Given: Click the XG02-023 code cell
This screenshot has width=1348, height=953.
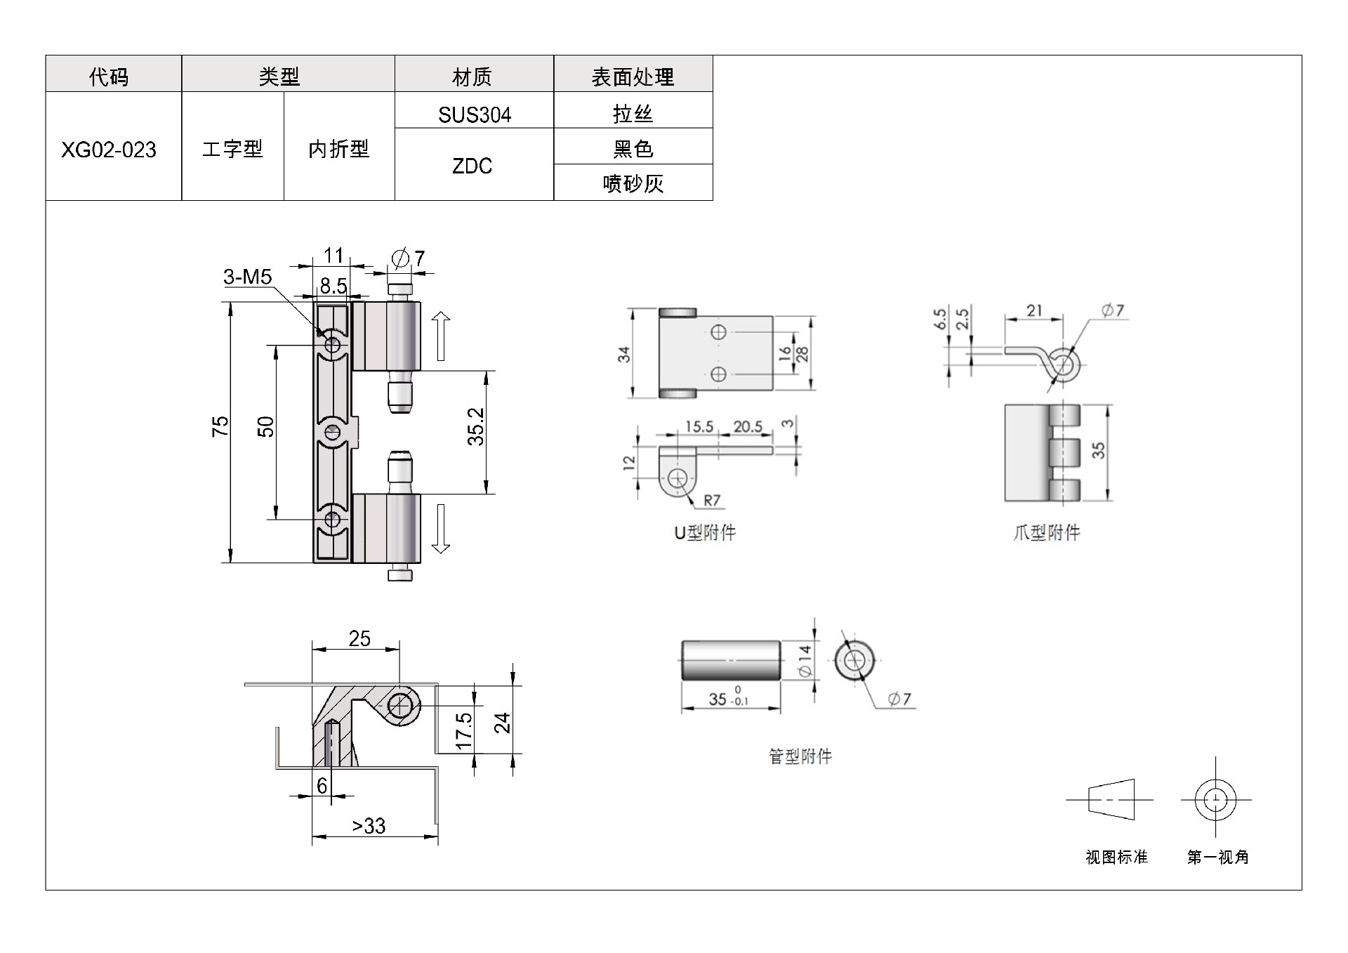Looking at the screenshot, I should (x=109, y=150).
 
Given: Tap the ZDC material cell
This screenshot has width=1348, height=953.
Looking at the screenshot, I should (x=472, y=166).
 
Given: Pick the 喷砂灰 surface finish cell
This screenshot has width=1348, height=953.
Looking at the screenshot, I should (x=633, y=184).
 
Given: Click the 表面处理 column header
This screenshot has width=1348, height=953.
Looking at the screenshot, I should (x=633, y=77).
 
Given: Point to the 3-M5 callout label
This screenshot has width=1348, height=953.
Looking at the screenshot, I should (x=247, y=277).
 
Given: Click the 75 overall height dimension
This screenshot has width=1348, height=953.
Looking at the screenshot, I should (x=220, y=426).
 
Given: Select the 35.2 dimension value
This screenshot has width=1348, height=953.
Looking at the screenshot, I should (x=476, y=426).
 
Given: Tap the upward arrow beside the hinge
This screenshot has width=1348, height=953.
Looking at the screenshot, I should (x=440, y=336).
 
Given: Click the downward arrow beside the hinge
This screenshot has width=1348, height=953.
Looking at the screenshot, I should (x=440, y=528).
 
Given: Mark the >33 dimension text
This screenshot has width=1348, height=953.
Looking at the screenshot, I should (x=369, y=826).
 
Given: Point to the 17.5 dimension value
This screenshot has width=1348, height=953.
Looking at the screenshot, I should (x=464, y=731).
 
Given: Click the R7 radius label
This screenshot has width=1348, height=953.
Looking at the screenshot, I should (x=712, y=500).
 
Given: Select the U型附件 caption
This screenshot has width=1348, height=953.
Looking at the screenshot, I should (x=705, y=533).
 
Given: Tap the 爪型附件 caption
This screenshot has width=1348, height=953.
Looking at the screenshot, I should (x=1046, y=533).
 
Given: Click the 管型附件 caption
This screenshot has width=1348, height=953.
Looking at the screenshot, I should (x=800, y=756).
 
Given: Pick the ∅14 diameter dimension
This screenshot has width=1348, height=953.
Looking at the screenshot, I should (x=805, y=661).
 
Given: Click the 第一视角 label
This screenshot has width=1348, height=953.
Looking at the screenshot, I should (x=1218, y=857).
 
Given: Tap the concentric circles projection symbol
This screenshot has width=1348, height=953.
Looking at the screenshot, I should (x=1215, y=800).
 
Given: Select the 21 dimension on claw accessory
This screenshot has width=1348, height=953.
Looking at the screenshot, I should (x=1033, y=310).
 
